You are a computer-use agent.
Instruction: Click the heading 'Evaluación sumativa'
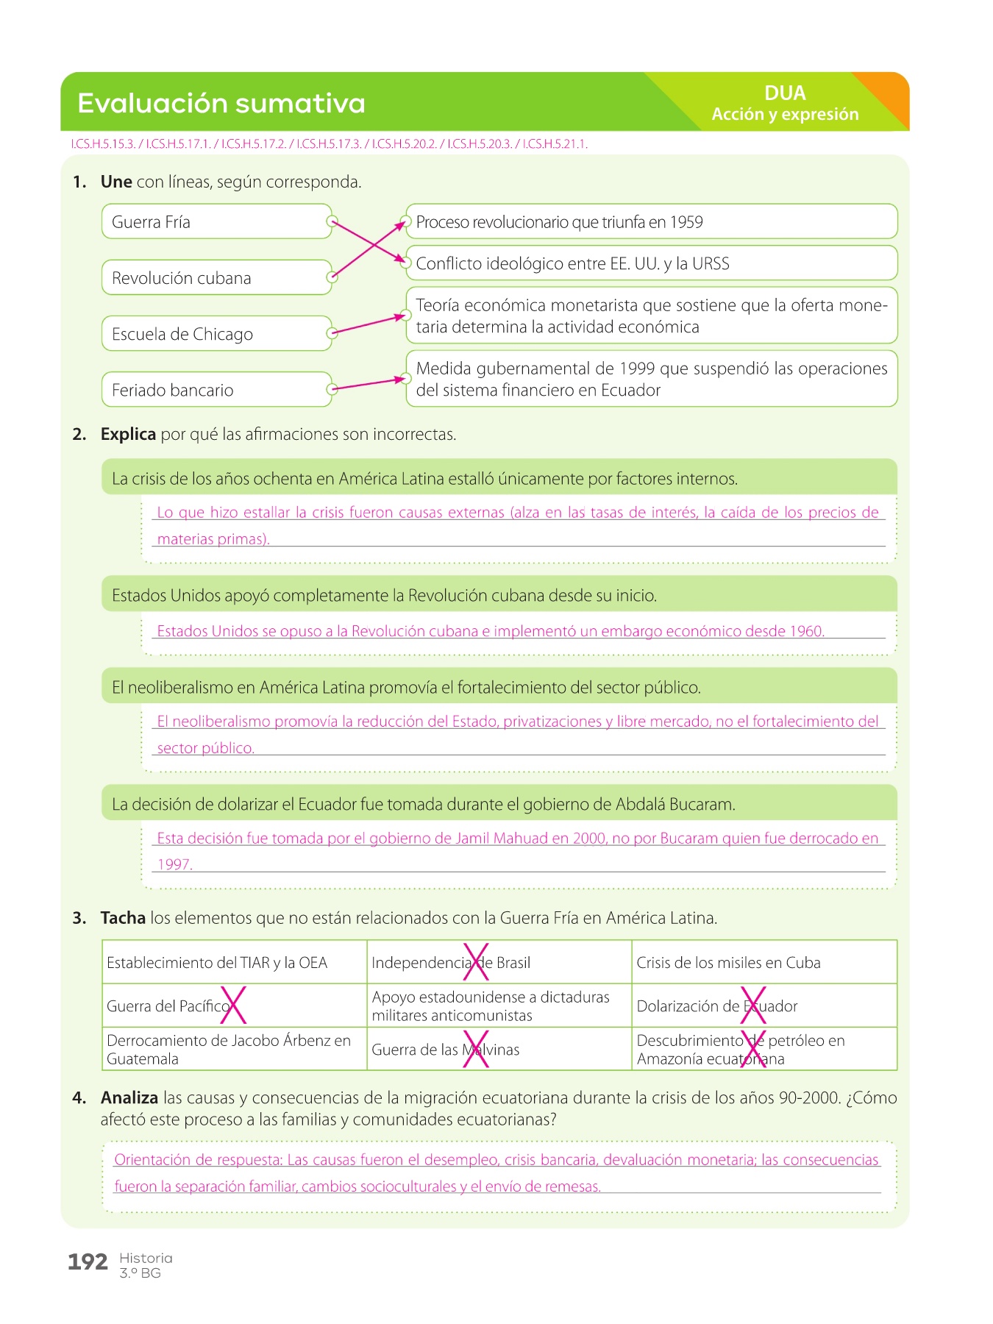point(221,104)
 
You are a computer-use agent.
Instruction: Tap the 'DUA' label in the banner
point(785,93)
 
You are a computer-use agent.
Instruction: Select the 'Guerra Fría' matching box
point(216,221)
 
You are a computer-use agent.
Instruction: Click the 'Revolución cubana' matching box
point(216,277)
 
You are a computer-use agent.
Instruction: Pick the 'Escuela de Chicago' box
point(216,333)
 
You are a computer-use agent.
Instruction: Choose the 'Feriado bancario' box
point(216,389)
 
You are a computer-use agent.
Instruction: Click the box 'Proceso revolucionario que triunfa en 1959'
point(651,221)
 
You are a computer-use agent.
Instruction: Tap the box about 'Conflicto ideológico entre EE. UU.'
point(651,263)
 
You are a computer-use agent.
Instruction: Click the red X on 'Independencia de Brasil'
point(476,962)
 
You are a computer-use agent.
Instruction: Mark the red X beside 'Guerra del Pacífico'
point(233,1006)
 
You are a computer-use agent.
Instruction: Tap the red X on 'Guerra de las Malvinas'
point(476,1049)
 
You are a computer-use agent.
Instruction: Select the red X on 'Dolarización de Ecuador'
point(753,1006)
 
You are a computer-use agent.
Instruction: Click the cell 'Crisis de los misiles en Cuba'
point(764,962)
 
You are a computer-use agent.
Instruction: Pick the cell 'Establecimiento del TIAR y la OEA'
point(234,962)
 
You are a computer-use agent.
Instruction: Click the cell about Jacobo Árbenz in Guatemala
point(234,1049)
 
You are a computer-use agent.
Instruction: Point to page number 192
point(88,1262)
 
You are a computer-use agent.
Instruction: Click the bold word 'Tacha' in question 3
point(123,918)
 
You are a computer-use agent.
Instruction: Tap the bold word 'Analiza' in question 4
point(129,1097)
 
